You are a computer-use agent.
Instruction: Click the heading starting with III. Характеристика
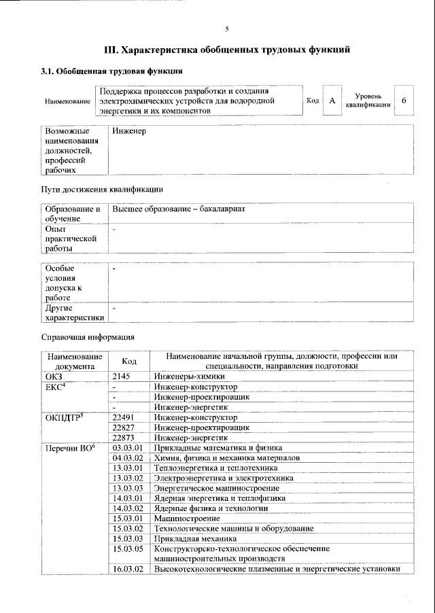[x=226, y=50]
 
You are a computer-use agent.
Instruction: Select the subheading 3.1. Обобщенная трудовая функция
[x=111, y=71]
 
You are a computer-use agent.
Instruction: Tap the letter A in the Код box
[x=332, y=101]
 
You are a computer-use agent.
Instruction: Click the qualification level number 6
[x=404, y=101]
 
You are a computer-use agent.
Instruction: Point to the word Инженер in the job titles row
[x=129, y=130]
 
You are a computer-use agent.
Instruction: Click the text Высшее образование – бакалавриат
[x=179, y=209]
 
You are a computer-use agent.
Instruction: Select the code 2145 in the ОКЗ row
[x=121, y=376]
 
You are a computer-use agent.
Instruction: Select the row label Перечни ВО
[x=70, y=448]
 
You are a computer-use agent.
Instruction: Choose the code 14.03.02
[x=127, y=508]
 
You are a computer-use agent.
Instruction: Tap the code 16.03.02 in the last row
[x=127, y=569]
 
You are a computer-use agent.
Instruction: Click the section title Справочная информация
[x=88, y=336]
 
